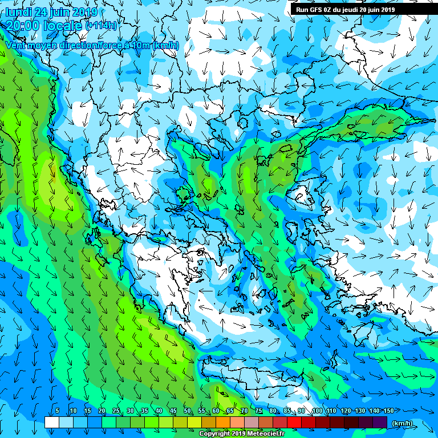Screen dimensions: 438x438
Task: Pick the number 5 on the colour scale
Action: (x=58, y=411)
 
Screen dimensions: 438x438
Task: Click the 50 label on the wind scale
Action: (x=188, y=411)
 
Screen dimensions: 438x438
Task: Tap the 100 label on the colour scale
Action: (x=317, y=411)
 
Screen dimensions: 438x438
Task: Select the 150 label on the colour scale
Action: (x=389, y=411)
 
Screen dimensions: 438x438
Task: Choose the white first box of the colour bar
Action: (x=51, y=423)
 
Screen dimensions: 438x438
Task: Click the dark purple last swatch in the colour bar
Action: (x=380, y=423)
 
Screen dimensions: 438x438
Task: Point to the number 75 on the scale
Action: (x=259, y=411)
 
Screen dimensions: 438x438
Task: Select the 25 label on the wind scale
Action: (x=116, y=411)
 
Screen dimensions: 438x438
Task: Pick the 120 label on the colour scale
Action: (x=346, y=411)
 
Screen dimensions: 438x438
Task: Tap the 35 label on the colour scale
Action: (x=144, y=411)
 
